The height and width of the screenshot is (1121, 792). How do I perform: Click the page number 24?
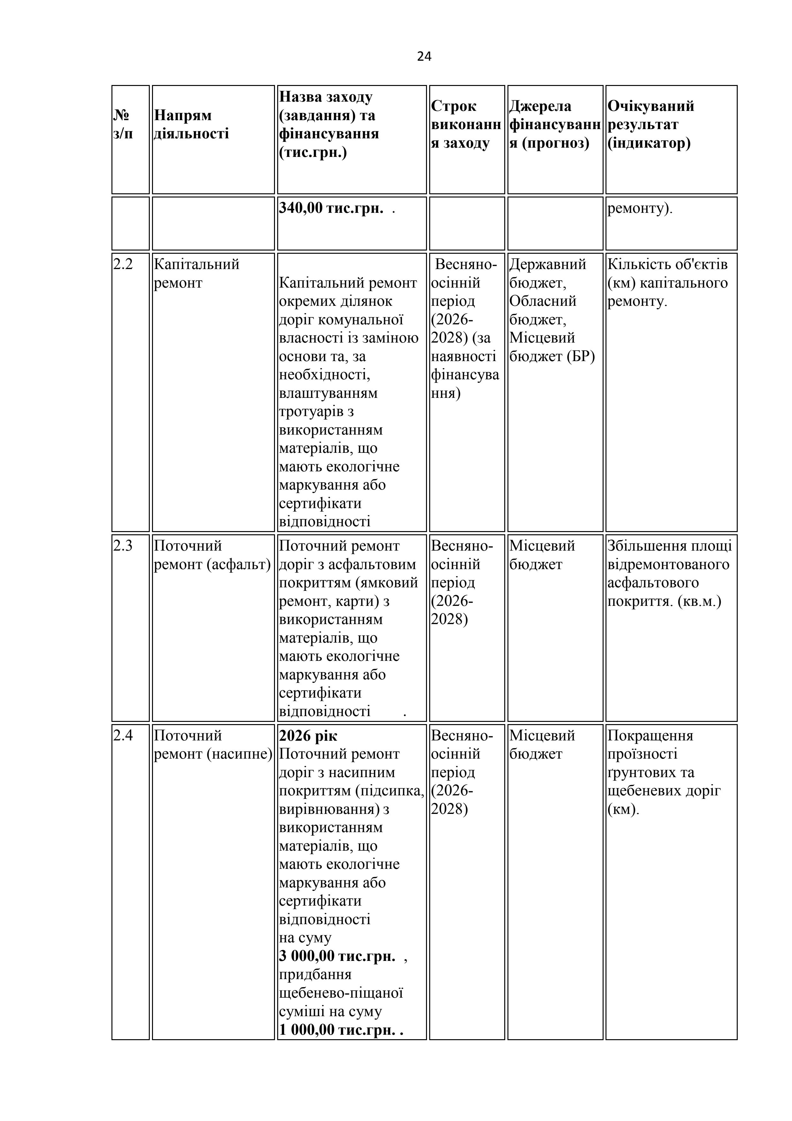click(x=424, y=57)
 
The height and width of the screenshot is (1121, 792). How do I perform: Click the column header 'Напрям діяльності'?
click(x=191, y=125)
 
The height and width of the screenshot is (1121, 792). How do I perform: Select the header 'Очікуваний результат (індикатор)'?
click(x=651, y=125)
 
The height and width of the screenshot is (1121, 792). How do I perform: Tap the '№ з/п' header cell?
click(x=123, y=125)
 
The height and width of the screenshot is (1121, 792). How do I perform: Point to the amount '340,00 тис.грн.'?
click(x=331, y=208)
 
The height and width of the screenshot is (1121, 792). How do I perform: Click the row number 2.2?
click(x=123, y=264)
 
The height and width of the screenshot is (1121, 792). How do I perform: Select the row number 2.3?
click(x=123, y=546)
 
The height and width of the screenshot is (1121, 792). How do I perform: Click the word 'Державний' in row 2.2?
click(x=547, y=264)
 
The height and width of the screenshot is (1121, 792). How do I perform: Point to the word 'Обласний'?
click(x=543, y=301)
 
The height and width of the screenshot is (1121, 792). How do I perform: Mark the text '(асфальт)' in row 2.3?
click(x=239, y=564)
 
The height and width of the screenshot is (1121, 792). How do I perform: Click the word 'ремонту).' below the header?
click(x=640, y=208)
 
